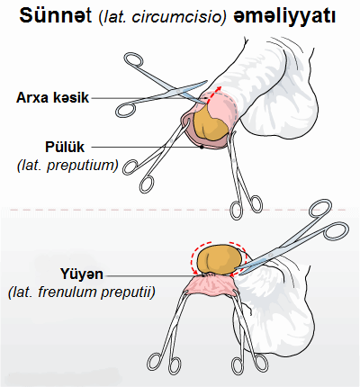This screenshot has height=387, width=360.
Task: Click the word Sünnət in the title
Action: tap(56, 15)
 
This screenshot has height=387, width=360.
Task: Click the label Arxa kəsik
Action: tap(53, 98)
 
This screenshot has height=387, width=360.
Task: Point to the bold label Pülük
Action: tap(65, 147)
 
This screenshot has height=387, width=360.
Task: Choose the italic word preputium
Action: tap(81, 166)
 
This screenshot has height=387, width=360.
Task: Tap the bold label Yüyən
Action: tap(82, 274)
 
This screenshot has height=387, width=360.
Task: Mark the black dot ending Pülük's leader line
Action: tap(202, 147)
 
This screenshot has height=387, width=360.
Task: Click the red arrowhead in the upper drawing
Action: tap(220, 88)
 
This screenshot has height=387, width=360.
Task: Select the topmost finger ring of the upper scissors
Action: tap(133, 60)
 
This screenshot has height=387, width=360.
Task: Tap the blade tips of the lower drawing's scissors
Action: tap(236, 268)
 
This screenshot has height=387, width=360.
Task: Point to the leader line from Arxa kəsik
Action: tap(148, 98)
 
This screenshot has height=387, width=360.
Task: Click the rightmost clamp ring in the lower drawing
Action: tap(259, 363)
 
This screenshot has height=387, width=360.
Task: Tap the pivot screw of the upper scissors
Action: tap(179, 90)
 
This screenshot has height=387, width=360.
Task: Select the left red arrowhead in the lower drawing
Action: tap(195, 272)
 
